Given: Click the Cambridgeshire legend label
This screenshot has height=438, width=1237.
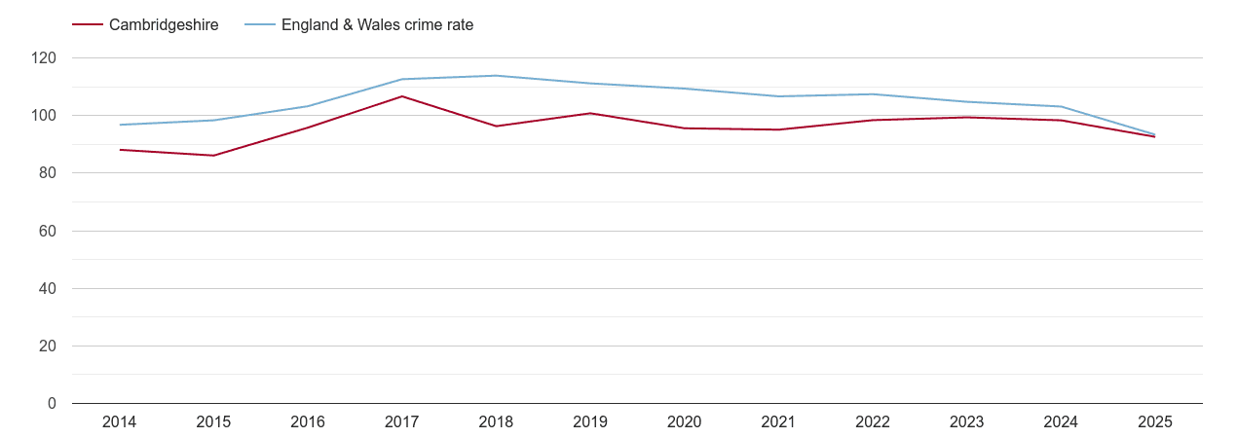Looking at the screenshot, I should click(x=164, y=25).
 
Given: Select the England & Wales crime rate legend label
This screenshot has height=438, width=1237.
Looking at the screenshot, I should click(x=377, y=25).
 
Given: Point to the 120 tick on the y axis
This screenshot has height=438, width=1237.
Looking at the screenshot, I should click(x=44, y=58).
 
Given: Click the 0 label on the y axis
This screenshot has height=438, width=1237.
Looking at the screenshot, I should click(x=52, y=404).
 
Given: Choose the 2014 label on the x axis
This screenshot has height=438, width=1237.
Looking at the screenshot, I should click(x=119, y=422).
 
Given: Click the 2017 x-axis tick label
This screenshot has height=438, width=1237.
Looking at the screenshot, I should click(x=401, y=422).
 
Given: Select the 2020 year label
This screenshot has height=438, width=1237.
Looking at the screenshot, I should click(x=684, y=422).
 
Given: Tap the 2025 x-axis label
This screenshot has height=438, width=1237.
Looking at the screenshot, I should click(x=1154, y=422).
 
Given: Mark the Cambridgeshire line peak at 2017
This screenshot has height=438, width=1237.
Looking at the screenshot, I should click(x=401, y=96).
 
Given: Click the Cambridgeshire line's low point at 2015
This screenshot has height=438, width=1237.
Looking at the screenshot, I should click(x=213, y=156).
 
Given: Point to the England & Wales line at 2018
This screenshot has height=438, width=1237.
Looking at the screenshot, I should click(x=496, y=76).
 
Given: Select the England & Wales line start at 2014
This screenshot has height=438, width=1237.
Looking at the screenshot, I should click(x=119, y=125).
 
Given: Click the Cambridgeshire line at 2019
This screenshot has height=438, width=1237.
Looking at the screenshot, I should click(x=590, y=113).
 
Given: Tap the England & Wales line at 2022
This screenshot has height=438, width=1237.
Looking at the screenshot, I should click(x=873, y=94).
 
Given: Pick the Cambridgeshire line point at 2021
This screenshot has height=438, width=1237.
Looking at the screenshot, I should click(x=778, y=129).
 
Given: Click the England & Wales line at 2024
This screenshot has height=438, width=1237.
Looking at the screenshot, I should click(x=1061, y=106).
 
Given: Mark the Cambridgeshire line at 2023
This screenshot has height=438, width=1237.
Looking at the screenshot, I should click(x=966, y=118).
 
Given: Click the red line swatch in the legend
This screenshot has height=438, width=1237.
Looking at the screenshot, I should click(x=87, y=25).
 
